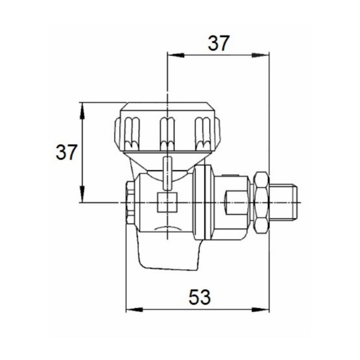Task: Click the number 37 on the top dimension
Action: [x=218, y=44]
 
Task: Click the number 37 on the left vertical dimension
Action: [x=67, y=153]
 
